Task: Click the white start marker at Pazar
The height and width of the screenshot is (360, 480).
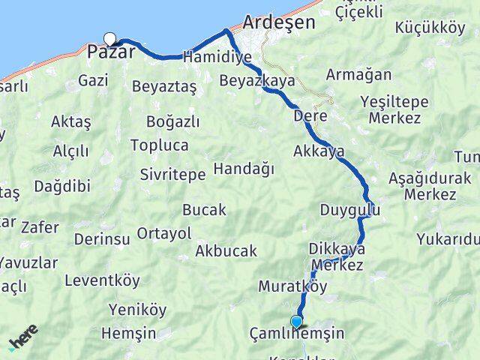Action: pos(110,40)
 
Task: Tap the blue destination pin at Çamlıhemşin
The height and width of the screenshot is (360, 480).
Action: pos(296,323)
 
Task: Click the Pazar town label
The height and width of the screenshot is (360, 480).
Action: pos(112,52)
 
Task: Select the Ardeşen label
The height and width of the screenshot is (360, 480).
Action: pos(279,23)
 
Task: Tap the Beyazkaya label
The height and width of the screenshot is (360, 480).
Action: pos(257,80)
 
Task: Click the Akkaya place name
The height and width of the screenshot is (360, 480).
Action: pos(319,151)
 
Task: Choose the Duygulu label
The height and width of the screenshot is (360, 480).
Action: pos(349,210)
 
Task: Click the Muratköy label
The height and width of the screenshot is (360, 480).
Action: pos(293,286)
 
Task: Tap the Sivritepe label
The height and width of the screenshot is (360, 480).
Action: pos(172,174)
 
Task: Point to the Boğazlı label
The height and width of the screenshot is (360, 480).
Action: pos(173,122)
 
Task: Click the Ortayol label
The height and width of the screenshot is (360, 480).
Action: pos(164,233)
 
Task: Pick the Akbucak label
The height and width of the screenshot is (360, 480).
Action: pos(226,251)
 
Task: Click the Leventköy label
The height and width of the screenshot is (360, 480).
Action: pos(102,281)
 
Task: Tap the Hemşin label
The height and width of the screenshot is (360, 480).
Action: pos(128,333)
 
